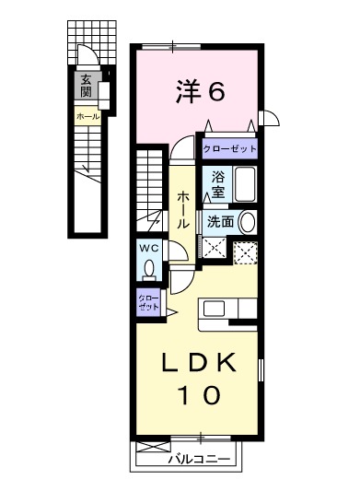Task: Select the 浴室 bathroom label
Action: point(218,183)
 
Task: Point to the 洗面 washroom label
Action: point(219,222)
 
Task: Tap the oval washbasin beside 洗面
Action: point(247,222)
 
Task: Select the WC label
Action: point(150,248)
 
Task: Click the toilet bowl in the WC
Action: point(150,268)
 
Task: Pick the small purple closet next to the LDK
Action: point(148,302)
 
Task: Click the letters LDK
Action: point(200,364)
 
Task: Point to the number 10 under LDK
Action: point(200,396)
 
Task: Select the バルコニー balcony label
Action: point(199,458)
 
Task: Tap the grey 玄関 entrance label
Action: point(86,86)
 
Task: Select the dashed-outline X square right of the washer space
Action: point(245,250)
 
